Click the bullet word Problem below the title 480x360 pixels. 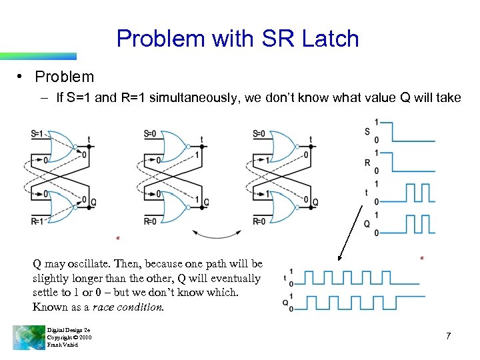tap(65, 77)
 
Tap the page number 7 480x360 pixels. tap(449, 336)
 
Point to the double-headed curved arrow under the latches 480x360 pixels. tap(216, 233)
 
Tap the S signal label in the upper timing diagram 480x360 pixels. tap(367, 131)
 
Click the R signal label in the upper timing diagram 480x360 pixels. tap(367, 161)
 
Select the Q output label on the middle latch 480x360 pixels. tap(206, 203)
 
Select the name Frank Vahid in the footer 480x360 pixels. tap(63, 345)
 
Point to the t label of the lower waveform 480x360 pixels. tap(285, 277)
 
